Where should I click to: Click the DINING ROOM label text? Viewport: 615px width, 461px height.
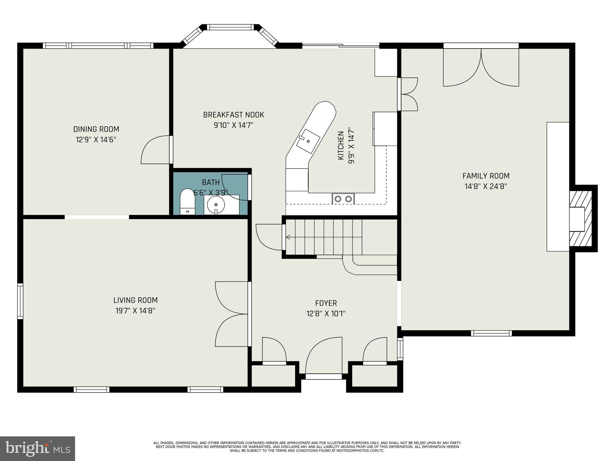click(96, 129)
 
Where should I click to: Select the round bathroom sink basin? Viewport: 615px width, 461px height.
click(216, 205)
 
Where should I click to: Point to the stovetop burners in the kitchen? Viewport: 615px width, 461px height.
click(343, 199)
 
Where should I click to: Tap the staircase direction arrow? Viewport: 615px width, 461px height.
click(288, 237)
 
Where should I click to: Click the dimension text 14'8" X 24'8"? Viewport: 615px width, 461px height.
click(486, 186)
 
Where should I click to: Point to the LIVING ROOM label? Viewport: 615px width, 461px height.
click(135, 300)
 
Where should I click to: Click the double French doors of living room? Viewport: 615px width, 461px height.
click(232, 314)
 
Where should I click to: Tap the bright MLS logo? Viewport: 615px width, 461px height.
click(37, 449)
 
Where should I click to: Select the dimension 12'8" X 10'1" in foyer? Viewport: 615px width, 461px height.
click(326, 314)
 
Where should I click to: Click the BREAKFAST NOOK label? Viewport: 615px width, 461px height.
click(234, 115)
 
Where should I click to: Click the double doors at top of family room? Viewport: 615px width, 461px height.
click(481, 68)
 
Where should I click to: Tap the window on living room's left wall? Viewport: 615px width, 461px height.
click(20, 301)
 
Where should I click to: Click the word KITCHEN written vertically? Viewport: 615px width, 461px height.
click(341, 146)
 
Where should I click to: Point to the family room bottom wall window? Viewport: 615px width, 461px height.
click(491, 333)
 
